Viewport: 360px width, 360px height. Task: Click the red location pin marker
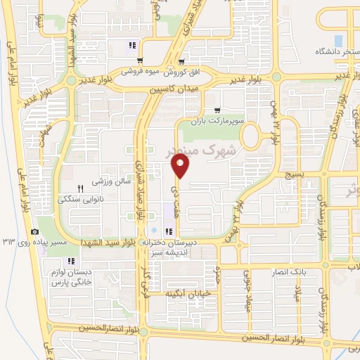[181, 166]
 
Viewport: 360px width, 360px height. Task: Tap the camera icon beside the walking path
[34, 233]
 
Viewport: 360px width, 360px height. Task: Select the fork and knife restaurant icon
[80, 188]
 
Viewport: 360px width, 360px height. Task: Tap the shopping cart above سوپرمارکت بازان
[217, 110]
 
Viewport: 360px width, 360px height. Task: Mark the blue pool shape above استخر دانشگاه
[339, 39]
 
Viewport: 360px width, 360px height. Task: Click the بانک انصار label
[292, 271]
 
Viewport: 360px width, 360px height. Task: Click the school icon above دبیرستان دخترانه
[168, 232]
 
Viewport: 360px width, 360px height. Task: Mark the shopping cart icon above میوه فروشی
[141, 60]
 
